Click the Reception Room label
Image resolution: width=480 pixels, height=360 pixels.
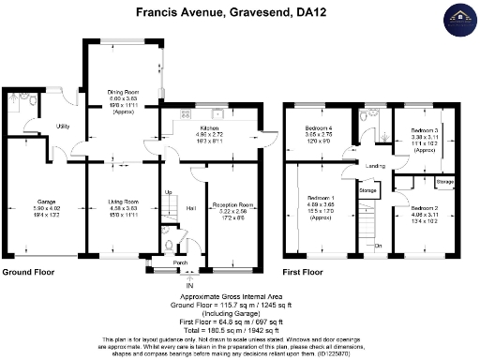click(x=232, y=204)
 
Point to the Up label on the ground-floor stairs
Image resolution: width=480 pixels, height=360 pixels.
click(x=169, y=192)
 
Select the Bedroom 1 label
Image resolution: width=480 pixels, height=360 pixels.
click(x=321, y=198)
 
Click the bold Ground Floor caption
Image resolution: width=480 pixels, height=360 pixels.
click(x=28, y=273)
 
